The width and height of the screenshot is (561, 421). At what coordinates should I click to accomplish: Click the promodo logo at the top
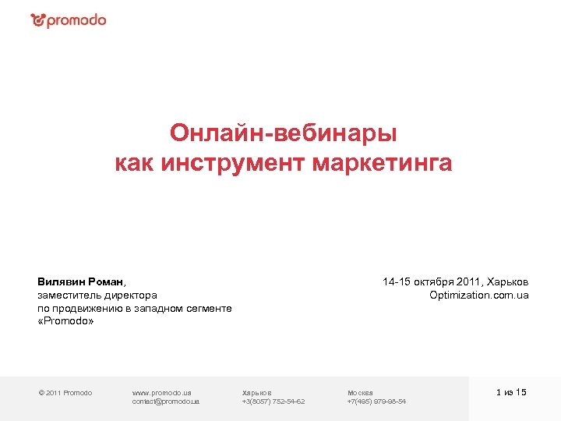(x=69, y=21)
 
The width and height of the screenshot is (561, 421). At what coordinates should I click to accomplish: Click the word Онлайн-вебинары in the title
(x=284, y=133)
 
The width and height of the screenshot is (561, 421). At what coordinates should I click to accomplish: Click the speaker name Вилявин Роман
(x=80, y=281)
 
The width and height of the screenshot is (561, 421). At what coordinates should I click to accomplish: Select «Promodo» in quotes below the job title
(x=65, y=321)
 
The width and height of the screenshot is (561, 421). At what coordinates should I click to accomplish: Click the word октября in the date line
(x=445, y=281)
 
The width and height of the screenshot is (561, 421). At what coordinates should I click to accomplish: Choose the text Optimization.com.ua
(x=478, y=295)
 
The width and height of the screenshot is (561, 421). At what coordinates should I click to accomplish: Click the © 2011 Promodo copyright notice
(x=65, y=392)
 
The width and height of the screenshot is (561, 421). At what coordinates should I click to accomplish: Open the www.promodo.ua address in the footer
(x=162, y=392)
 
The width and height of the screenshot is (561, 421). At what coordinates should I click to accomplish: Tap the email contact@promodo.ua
(x=166, y=401)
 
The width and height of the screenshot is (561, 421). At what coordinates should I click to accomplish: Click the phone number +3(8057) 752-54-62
(x=273, y=401)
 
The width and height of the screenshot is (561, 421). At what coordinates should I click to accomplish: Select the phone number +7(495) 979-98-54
(x=376, y=401)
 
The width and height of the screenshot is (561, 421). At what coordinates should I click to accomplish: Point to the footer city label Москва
(x=360, y=392)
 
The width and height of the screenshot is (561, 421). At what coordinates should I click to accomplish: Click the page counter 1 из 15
(x=511, y=392)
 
